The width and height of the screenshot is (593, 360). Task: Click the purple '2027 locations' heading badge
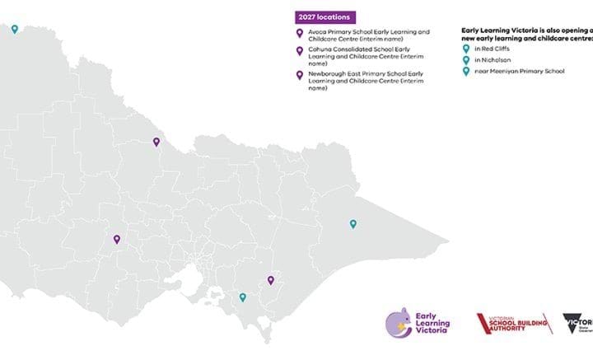(x=324, y=16)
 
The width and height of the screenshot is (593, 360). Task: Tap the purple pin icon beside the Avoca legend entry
(x=300, y=34)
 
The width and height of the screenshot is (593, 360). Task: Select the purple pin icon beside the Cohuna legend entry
(x=300, y=51)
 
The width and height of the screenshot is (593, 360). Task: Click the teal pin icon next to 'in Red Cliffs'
(x=466, y=49)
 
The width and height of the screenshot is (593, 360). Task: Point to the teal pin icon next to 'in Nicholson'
(x=466, y=60)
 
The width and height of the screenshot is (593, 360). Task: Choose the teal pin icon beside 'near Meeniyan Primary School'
(x=466, y=72)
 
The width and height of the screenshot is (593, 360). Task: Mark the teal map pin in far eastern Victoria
(x=353, y=223)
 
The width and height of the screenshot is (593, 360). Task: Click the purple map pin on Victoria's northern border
(x=156, y=141)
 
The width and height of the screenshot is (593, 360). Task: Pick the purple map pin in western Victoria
(x=117, y=240)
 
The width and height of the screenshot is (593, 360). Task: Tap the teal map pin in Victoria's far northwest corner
(x=14, y=28)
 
